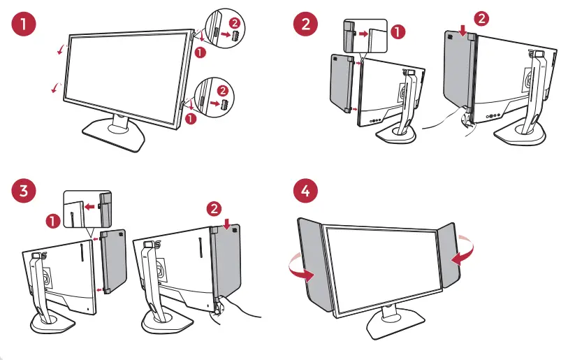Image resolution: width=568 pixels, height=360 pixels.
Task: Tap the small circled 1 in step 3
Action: (52, 221)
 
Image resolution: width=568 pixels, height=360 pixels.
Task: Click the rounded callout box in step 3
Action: (88, 208)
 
